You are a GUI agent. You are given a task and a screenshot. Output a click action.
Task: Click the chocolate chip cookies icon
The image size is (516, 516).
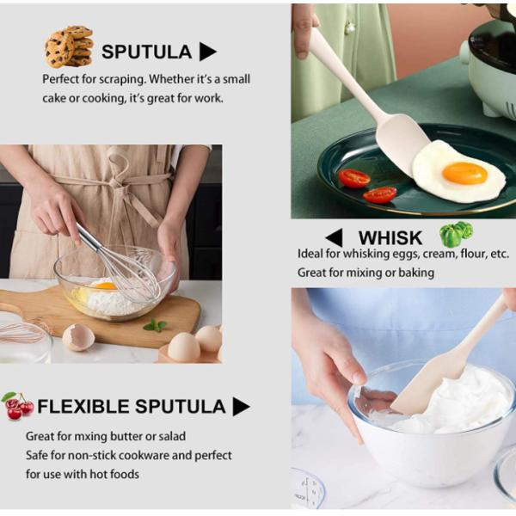click(69, 46)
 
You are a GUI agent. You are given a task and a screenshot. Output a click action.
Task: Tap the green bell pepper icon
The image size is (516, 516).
click(456, 234)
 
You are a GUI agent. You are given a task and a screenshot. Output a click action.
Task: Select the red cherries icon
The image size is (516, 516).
click(18, 406)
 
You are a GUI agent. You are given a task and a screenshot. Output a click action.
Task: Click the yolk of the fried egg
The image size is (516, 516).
click(464, 174)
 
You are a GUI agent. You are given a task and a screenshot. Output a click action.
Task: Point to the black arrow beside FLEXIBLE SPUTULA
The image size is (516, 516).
click(241, 407)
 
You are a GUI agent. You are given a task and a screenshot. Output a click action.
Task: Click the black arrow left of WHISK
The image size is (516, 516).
click(334, 237)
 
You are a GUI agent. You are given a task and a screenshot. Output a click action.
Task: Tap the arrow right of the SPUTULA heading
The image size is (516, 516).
click(208, 52)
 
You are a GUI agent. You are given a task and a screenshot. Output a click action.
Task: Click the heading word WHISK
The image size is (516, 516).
click(390, 237)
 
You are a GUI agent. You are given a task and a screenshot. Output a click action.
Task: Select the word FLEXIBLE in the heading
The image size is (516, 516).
click(83, 406)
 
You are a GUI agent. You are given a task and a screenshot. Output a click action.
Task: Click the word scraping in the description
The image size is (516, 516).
click(122, 79)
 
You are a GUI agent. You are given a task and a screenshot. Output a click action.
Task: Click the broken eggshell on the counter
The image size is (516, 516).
click(78, 337)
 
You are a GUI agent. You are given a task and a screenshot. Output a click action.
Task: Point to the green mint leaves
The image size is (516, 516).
click(155, 325)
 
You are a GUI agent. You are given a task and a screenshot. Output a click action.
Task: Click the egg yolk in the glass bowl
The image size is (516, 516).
click(105, 286)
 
